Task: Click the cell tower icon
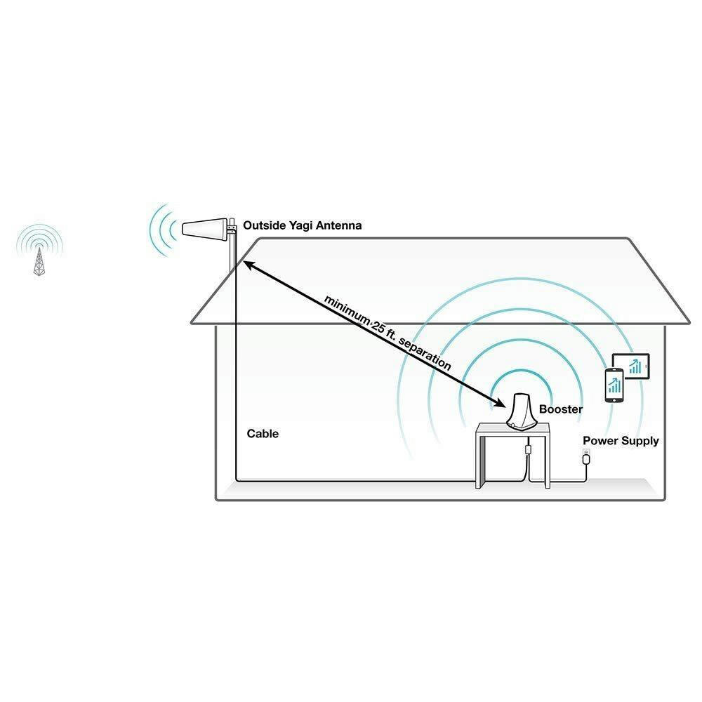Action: (39, 261)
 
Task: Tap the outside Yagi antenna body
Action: (204, 228)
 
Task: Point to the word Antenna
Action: (339, 225)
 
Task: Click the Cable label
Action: (263, 433)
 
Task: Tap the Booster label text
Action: (561, 409)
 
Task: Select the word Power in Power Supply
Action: (600, 441)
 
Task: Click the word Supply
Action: (640, 442)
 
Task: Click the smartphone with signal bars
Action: (614, 385)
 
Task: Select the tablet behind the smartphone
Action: (632, 366)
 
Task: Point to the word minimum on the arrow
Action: (347, 310)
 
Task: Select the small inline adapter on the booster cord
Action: (529, 449)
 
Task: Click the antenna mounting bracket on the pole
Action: (232, 229)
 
